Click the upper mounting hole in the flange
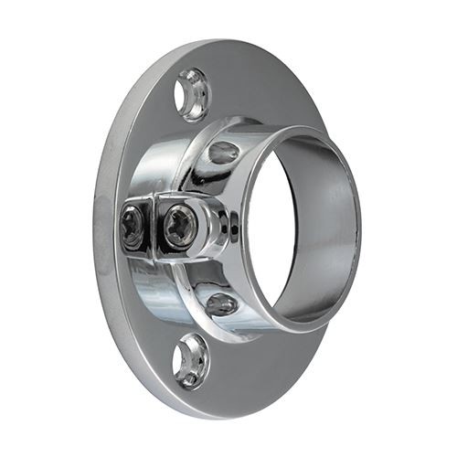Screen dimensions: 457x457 coord(193,94)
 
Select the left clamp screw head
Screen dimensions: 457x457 coord(133,226)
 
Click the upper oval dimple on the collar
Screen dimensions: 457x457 coord(224,152)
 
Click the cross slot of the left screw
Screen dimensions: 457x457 coord(133,226)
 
